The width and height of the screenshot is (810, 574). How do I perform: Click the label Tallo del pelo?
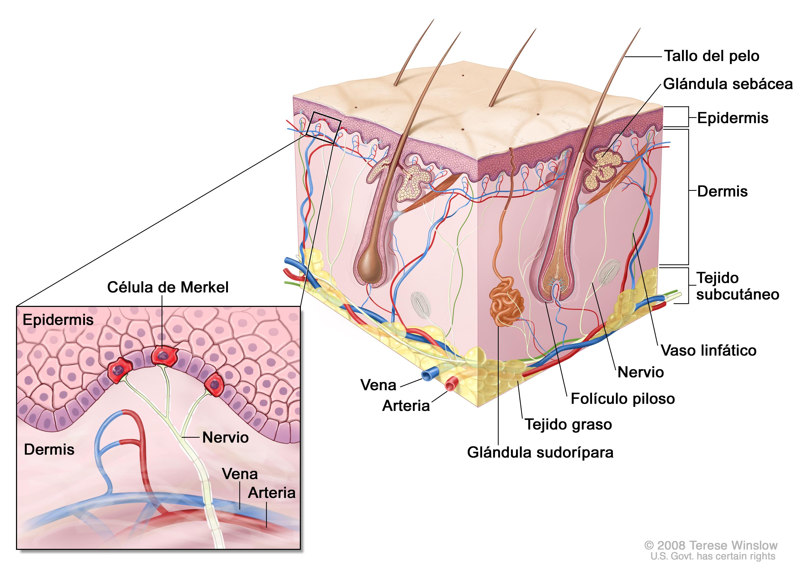click(711, 56)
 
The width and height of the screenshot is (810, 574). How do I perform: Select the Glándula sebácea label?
click(728, 84)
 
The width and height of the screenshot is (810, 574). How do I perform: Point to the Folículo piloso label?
click(622, 399)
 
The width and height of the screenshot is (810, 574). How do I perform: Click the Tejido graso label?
click(568, 424)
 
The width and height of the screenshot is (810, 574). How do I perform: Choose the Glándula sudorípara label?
click(540, 452)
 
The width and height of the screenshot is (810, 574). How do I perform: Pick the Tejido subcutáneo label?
click(738, 286)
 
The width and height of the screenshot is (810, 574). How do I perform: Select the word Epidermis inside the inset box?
click(58, 320)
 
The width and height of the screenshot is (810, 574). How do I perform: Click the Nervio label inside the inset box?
click(225, 437)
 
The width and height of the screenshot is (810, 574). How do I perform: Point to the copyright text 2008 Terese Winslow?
click(711, 545)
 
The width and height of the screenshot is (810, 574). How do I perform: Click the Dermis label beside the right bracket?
click(722, 192)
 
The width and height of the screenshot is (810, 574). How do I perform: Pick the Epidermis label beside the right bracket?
click(733, 118)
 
